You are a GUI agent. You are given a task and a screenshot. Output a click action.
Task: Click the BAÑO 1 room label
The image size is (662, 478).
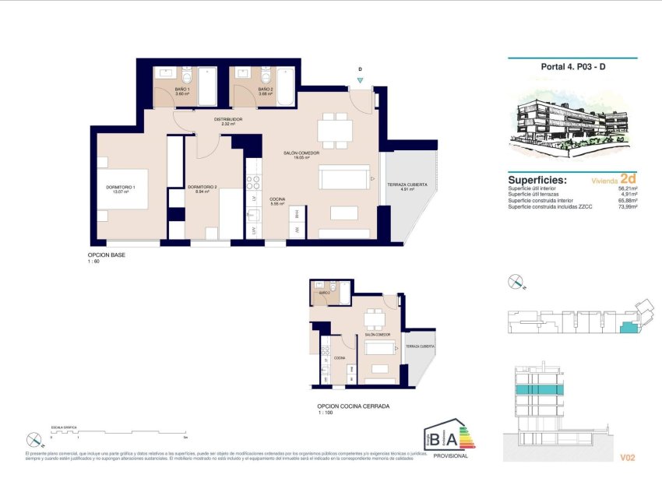pos(183,90)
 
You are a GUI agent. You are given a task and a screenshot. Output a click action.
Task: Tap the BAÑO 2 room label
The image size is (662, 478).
pos(265,90)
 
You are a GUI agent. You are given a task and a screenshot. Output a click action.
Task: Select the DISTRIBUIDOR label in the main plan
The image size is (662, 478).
pos(228,120)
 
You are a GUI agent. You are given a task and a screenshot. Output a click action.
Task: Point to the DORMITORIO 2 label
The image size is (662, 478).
pos(202,187)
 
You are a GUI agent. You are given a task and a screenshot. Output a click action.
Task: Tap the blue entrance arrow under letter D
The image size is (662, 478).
pos(360,79)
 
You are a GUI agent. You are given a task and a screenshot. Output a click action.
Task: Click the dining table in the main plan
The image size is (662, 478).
pos(336,129)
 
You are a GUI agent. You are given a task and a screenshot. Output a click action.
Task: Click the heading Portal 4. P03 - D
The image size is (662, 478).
pos(572,66)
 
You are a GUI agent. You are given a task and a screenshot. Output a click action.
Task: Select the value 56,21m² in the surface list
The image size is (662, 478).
pos(627,188)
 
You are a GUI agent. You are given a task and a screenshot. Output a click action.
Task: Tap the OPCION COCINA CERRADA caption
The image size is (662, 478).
pos(353,406)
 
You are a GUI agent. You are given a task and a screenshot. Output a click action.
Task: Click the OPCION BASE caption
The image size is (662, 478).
pos(107,255)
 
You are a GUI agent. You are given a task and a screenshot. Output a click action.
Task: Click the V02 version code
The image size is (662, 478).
pos(629,457)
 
